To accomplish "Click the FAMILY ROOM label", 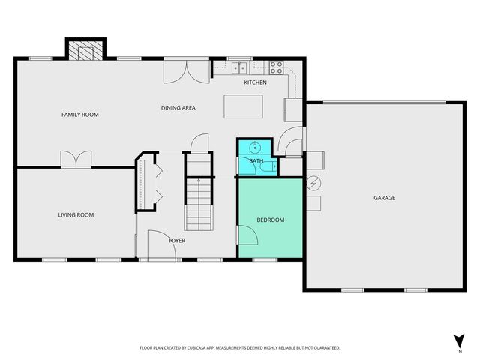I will [80, 115].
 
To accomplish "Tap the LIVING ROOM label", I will [76, 215].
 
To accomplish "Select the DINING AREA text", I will [178, 108].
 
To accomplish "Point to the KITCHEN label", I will [255, 82].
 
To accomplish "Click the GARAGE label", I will [385, 198].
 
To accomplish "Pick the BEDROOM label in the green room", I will [271, 220].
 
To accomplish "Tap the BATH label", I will [256, 161].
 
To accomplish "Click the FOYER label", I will [176, 240].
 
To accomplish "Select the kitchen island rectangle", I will [243, 106].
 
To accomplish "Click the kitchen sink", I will [239, 67].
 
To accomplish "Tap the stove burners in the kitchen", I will [275, 65].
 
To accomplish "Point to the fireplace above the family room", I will [85, 50].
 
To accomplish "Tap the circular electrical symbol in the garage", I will [313, 183].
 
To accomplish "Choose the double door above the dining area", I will [187, 70].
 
